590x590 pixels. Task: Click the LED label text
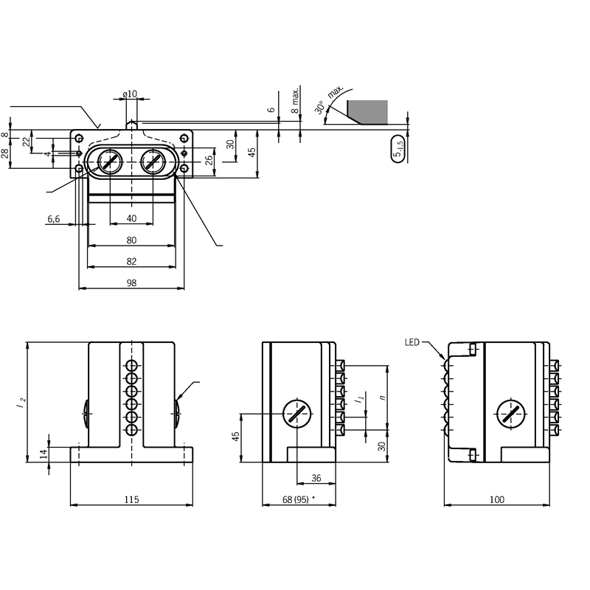point(412,342)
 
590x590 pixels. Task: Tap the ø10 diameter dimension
point(130,94)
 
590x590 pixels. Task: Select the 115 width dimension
point(132,499)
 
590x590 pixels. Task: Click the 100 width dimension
point(496,499)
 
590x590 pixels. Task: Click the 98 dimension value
point(131,282)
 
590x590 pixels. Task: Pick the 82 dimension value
point(131,261)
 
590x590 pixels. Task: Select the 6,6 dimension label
point(53,218)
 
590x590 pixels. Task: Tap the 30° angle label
point(320,107)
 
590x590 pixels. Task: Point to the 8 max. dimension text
point(296,100)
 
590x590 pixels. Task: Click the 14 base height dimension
point(44,454)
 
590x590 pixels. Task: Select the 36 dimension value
point(316,478)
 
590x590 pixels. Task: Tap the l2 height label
point(21,402)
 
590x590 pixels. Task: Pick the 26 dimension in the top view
point(209,161)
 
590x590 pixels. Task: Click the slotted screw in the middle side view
point(297,414)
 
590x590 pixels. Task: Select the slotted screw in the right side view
point(511,414)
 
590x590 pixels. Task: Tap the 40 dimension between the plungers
point(131,218)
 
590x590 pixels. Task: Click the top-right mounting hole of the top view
point(184,138)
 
